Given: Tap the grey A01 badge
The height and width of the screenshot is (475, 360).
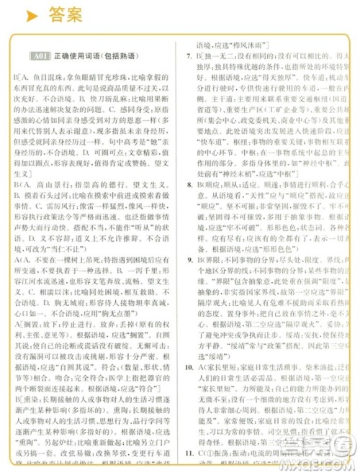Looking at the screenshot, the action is coord(40,55).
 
